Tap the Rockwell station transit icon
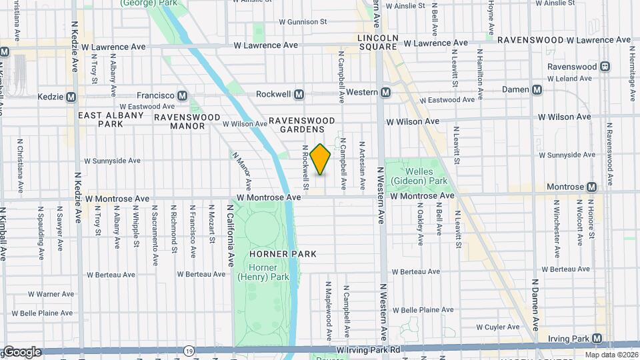click(299, 95)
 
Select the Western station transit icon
click(385, 92)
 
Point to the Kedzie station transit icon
click(70, 97)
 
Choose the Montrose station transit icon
click(591, 187)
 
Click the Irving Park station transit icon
click(597, 338)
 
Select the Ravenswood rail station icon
click(605, 67)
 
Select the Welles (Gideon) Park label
click(419, 176)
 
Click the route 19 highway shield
click(189, 349)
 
